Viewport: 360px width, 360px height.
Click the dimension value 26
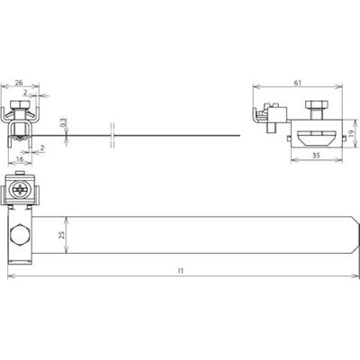(19, 83)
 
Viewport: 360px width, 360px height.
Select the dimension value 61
(297, 83)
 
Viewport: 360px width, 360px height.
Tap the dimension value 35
(317, 156)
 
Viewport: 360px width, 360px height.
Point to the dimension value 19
(351, 132)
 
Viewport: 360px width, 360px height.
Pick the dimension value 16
(20, 159)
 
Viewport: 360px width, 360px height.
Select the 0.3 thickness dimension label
(62, 122)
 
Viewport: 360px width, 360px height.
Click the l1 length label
(180, 271)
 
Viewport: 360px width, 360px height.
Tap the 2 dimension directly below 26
(26, 93)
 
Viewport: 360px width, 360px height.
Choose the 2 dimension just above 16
(42, 148)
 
